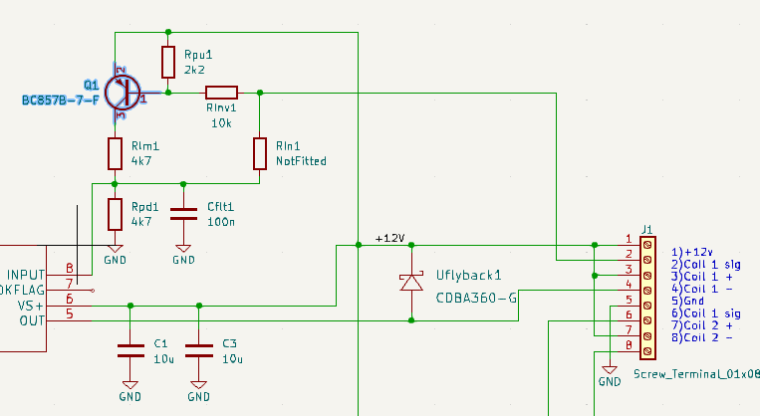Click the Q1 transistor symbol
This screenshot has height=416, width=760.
pyautogui.click(x=122, y=93)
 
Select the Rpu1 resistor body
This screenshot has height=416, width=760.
pyautogui.click(x=168, y=61)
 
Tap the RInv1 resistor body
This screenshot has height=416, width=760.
pyautogui.click(x=220, y=93)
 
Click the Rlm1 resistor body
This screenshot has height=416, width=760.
pyautogui.click(x=116, y=153)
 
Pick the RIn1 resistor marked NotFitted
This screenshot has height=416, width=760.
pyautogui.click(x=260, y=153)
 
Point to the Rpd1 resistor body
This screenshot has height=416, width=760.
pyautogui.click(x=116, y=213)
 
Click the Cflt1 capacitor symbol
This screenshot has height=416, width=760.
pyautogui.click(x=184, y=213)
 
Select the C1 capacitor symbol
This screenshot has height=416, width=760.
pyautogui.click(x=130, y=349)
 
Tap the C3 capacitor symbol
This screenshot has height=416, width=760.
pyautogui.click(x=199, y=349)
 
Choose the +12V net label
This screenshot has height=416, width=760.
pyautogui.click(x=389, y=238)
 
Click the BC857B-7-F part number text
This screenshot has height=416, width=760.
pyautogui.click(x=60, y=101)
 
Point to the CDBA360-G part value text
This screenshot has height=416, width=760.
pyautogui.click(x=477, y=298)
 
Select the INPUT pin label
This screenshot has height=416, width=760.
pyautogui.click(x=26, y=274)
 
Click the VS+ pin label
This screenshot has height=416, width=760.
pyautogui.click(x=32, y=306)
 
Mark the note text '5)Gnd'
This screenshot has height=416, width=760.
pyautogui.click(x=686, y=300)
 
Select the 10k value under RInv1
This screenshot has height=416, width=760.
pyautogui.click(x=221, y=122)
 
